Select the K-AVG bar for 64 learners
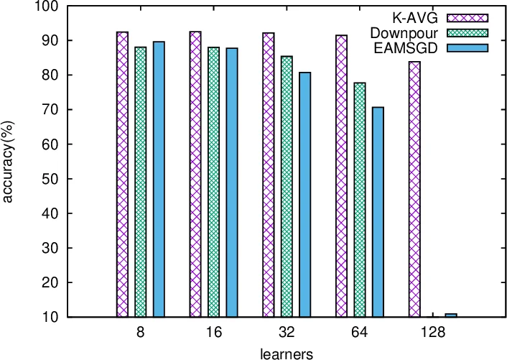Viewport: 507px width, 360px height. [x=342, y=176]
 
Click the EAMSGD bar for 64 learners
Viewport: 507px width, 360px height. [x=378, y=212]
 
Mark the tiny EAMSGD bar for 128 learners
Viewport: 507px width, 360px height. [x=451, y=315]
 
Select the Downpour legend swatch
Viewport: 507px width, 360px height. [x=467, y=32]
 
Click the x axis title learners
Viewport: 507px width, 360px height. [x=286, y=352]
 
